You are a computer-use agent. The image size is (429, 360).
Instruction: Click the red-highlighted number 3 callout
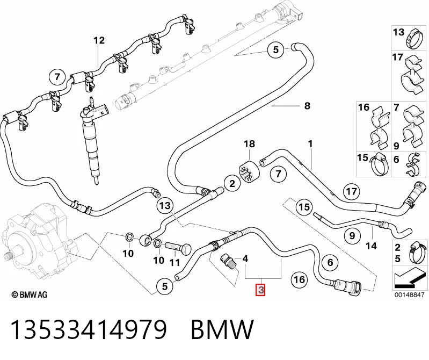[261, 290]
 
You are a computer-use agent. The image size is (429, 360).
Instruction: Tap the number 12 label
[99, 40]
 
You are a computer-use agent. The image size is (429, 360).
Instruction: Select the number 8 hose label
[307, 106]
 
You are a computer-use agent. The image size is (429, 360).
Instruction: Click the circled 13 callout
[165, 205]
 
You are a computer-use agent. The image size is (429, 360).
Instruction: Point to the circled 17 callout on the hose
[352, 191]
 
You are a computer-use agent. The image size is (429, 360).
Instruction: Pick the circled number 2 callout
[232, 183]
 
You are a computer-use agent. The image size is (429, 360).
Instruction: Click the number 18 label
[249, 144]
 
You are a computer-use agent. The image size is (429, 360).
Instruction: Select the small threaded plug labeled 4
[227, 261]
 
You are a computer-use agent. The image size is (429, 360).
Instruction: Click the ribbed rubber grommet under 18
[249, 171]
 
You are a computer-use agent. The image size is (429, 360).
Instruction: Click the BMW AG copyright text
[30, 294]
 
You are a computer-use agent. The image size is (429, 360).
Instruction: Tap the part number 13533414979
[89, 329]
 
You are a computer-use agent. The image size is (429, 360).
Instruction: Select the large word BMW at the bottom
[222, 329]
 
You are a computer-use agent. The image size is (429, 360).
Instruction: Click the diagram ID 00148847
[409, 296]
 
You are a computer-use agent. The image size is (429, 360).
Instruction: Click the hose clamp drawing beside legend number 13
[413, 40]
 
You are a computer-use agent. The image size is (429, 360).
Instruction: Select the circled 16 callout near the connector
[299, 279]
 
